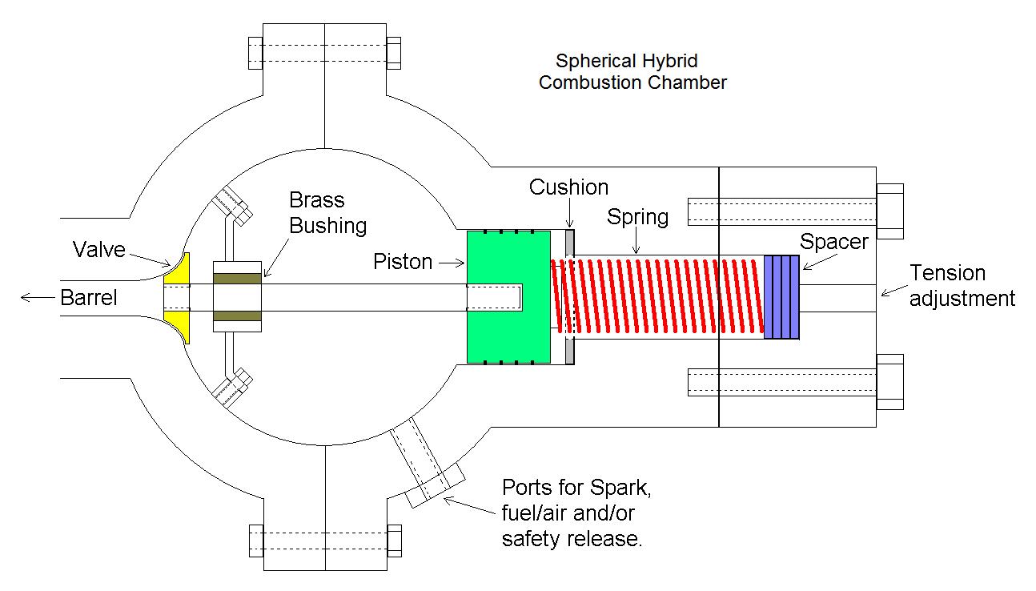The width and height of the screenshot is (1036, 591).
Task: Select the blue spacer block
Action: click(781, 296)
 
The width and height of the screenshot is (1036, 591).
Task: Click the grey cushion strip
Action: click(570, 297)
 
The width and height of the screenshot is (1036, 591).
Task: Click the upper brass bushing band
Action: click(237, 279)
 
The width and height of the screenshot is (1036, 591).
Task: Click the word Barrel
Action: click(88, 299)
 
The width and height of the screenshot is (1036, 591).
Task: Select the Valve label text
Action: click(98, 249)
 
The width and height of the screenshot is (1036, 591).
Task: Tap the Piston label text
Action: click(403, 262)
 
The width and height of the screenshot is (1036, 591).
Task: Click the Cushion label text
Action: click(568, 187)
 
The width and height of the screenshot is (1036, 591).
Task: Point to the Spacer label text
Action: click(833, 241)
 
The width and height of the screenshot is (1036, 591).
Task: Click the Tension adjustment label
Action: click(962, 286)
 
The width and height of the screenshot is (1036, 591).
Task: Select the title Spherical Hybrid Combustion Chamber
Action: click(632, 71)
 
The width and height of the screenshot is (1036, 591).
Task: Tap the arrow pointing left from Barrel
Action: click(35, 299)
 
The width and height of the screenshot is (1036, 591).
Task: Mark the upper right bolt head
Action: click(890, 211)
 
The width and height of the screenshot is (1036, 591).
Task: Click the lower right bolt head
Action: click(890, 381)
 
